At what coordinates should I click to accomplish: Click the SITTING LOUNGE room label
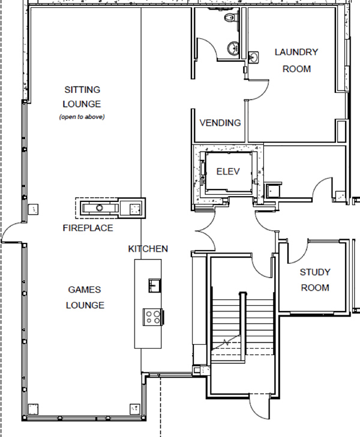pos(82,96)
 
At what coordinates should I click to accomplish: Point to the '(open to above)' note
pos(82,117)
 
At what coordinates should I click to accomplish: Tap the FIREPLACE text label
pos(88,228)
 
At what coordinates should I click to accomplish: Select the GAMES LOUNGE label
pos(86,297)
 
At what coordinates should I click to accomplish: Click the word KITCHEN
pos(148,249)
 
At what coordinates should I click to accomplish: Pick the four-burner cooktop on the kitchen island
pos(152,316)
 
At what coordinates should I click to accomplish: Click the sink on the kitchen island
pos(155,284)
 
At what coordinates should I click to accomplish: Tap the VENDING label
pos(220,123)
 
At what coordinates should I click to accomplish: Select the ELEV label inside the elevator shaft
pos(228,171)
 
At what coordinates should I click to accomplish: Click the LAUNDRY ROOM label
pos(296,60)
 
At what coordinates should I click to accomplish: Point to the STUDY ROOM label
pos(315,280)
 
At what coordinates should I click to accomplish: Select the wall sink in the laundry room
pos(254,57)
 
